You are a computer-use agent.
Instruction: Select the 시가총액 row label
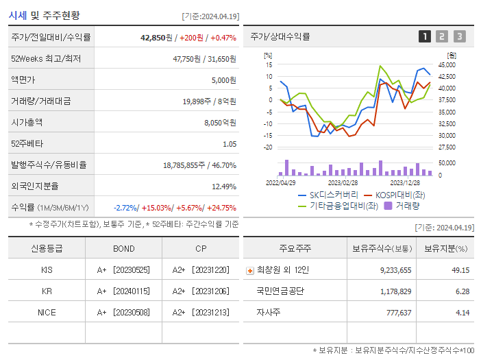click(x=27, y=123)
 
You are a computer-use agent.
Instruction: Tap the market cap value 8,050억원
click(x=220, y=123)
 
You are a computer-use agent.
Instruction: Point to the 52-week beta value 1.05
click(x=230, y=144)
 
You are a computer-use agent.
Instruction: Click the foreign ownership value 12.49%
click(x=224, y=187)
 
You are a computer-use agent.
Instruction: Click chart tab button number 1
click(x=425, y=36)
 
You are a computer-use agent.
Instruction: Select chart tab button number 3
click(x=459, y=36)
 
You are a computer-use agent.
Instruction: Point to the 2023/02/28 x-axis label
click(x=343, y=183)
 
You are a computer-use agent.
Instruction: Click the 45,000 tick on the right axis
click(x=447, y=65)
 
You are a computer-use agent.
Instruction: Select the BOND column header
click(x=124, y=248)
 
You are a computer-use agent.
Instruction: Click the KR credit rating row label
click(x=47, y=291)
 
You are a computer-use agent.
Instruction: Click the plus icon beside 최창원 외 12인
click(x=249, y=271)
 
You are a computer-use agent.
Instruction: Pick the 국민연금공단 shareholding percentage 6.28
click(x=462, y=291)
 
